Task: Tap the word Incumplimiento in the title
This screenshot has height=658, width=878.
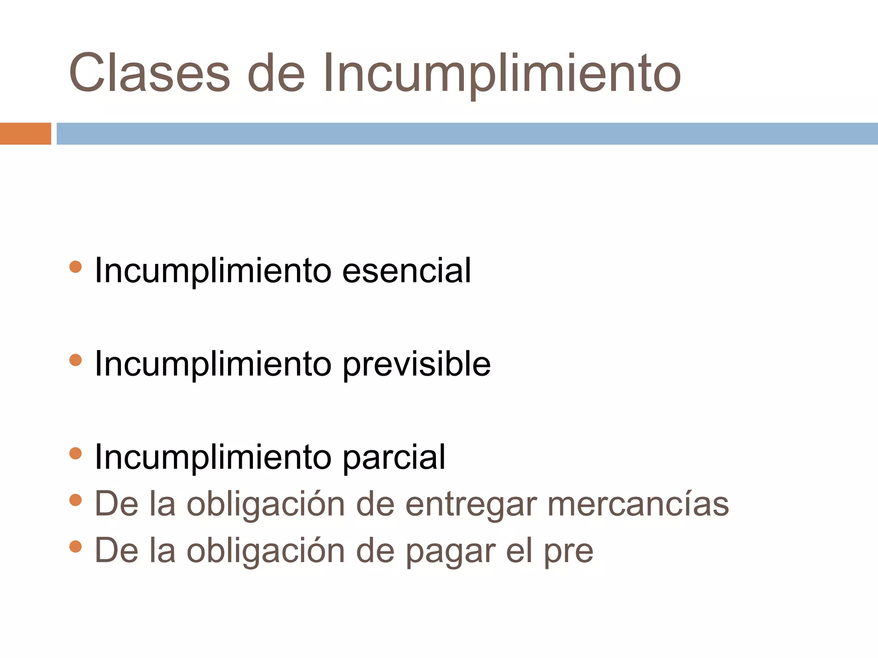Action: pos(502,74)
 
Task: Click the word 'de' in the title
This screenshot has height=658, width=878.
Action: pos(276,73)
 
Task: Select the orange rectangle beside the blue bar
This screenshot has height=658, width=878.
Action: pos(25,134)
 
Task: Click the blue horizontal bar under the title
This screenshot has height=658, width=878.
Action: pos(467,134)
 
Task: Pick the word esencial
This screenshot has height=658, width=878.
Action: pos(406,271)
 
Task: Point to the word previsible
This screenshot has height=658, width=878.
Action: pos(417,364)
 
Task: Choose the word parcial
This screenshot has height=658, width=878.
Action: pos(394,458)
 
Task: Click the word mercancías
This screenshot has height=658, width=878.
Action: pos(638,504)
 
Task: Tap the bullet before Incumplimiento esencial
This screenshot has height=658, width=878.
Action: pos(75,266)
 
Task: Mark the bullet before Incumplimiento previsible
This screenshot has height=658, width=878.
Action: pos(75,360)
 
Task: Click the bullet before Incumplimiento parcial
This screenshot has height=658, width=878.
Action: pos(75,453)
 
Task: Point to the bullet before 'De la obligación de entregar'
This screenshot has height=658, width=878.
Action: pos(75,500)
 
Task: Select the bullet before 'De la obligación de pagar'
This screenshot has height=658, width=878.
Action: pos(75,547)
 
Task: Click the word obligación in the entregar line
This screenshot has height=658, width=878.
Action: pos(266,505)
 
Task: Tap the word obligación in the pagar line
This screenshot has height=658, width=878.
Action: pos(266,552)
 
